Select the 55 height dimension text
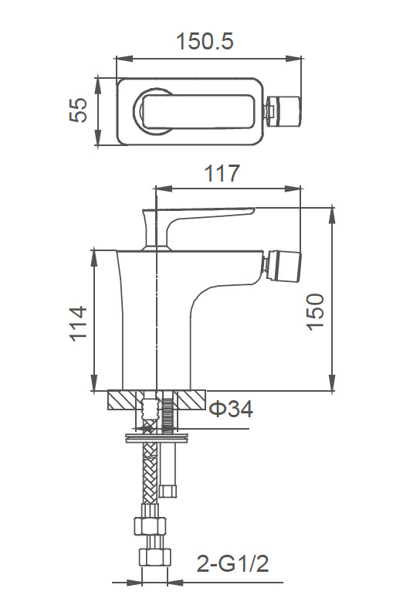tap(79, 110)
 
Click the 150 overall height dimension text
tap(316, 312)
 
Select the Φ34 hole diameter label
tap(231, 410)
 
